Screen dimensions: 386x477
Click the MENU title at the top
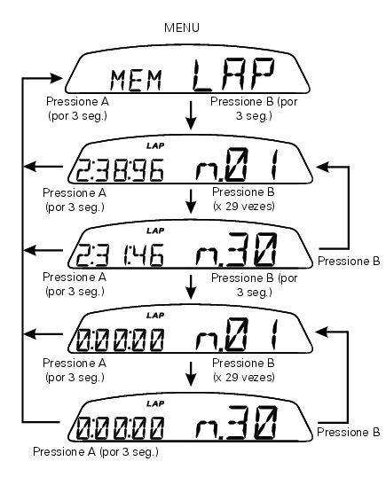pyautogui.click(x=182, y=27)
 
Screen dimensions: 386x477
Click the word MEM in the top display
pyautogui.click(x=136, y=81)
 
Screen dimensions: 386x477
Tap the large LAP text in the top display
pyautogui.click(x=233, y=75)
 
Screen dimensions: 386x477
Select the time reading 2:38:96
pyautogui.click(x=120, y=170)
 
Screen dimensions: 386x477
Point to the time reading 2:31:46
pyautogui.click(x=120, y=255)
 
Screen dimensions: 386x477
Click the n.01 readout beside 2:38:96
pyautogui.click(x=237, y=165)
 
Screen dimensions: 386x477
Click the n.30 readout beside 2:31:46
pyautogui.click(x=237, y=249)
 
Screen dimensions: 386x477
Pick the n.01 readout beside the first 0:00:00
pyautogui.click(x=237, y=334)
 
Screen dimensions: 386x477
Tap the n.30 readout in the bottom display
pyautogui.click(x=237, y=423)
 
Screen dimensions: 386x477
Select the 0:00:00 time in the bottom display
pyautogui.click(x=120, y=428)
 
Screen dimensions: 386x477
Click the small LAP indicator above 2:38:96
pyautogui.click(x=155, y=145)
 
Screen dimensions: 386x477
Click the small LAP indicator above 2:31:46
pyautogui.click(x=155, y=231)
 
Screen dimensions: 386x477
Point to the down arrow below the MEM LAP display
pyautogui.click(x=191, y=115)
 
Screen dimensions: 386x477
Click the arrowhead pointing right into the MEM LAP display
pyautogui.click(x=56, y=78)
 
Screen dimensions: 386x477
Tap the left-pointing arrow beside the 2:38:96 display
pyautogui.click(x=43, y=167)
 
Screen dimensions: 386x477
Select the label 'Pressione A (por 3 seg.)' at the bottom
pyautogui.click(x=96, y=452)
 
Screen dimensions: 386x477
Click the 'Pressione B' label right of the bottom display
pyautogui.click(x=349, y=432)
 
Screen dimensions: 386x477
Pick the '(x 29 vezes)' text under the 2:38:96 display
pyautogui.click(x=244, y=207)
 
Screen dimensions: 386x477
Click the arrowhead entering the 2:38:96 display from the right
pyautogui.click(x=323, y=167)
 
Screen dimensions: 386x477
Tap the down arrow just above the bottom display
pyautogui.click(x=191, y=374)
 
